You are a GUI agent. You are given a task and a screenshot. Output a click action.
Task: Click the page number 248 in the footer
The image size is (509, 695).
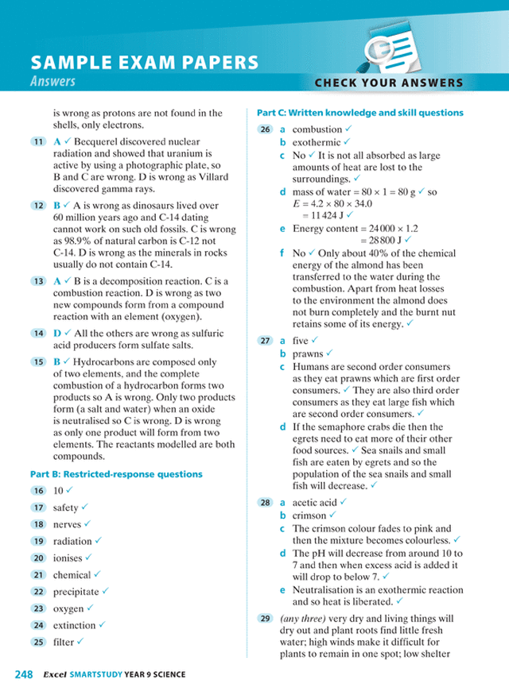[23, 674]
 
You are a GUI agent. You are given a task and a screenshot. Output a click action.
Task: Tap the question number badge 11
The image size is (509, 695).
[37, 141]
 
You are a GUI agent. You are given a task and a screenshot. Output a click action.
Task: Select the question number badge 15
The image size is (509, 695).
[37, 361]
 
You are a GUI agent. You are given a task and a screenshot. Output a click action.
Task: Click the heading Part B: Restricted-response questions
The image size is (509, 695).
[116, 474]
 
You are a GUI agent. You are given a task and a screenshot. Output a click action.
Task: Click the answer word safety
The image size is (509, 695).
[66, 508]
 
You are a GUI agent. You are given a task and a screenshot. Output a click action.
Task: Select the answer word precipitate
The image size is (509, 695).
[76, 592]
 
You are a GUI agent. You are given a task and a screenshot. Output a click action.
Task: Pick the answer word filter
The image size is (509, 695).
[64, 642]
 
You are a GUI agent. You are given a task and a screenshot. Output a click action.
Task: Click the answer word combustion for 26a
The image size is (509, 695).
[317, 129]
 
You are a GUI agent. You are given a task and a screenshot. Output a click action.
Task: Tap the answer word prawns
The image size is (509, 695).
[308, 353]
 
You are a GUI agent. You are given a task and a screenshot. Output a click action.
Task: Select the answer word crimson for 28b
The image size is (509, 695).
[309, 515]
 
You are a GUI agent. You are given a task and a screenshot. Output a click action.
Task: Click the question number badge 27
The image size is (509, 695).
[265, 341]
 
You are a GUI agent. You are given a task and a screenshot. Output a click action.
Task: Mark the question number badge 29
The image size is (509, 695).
[265, 619]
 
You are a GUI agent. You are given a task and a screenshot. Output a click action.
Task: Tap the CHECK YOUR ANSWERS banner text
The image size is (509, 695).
[388, 83]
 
